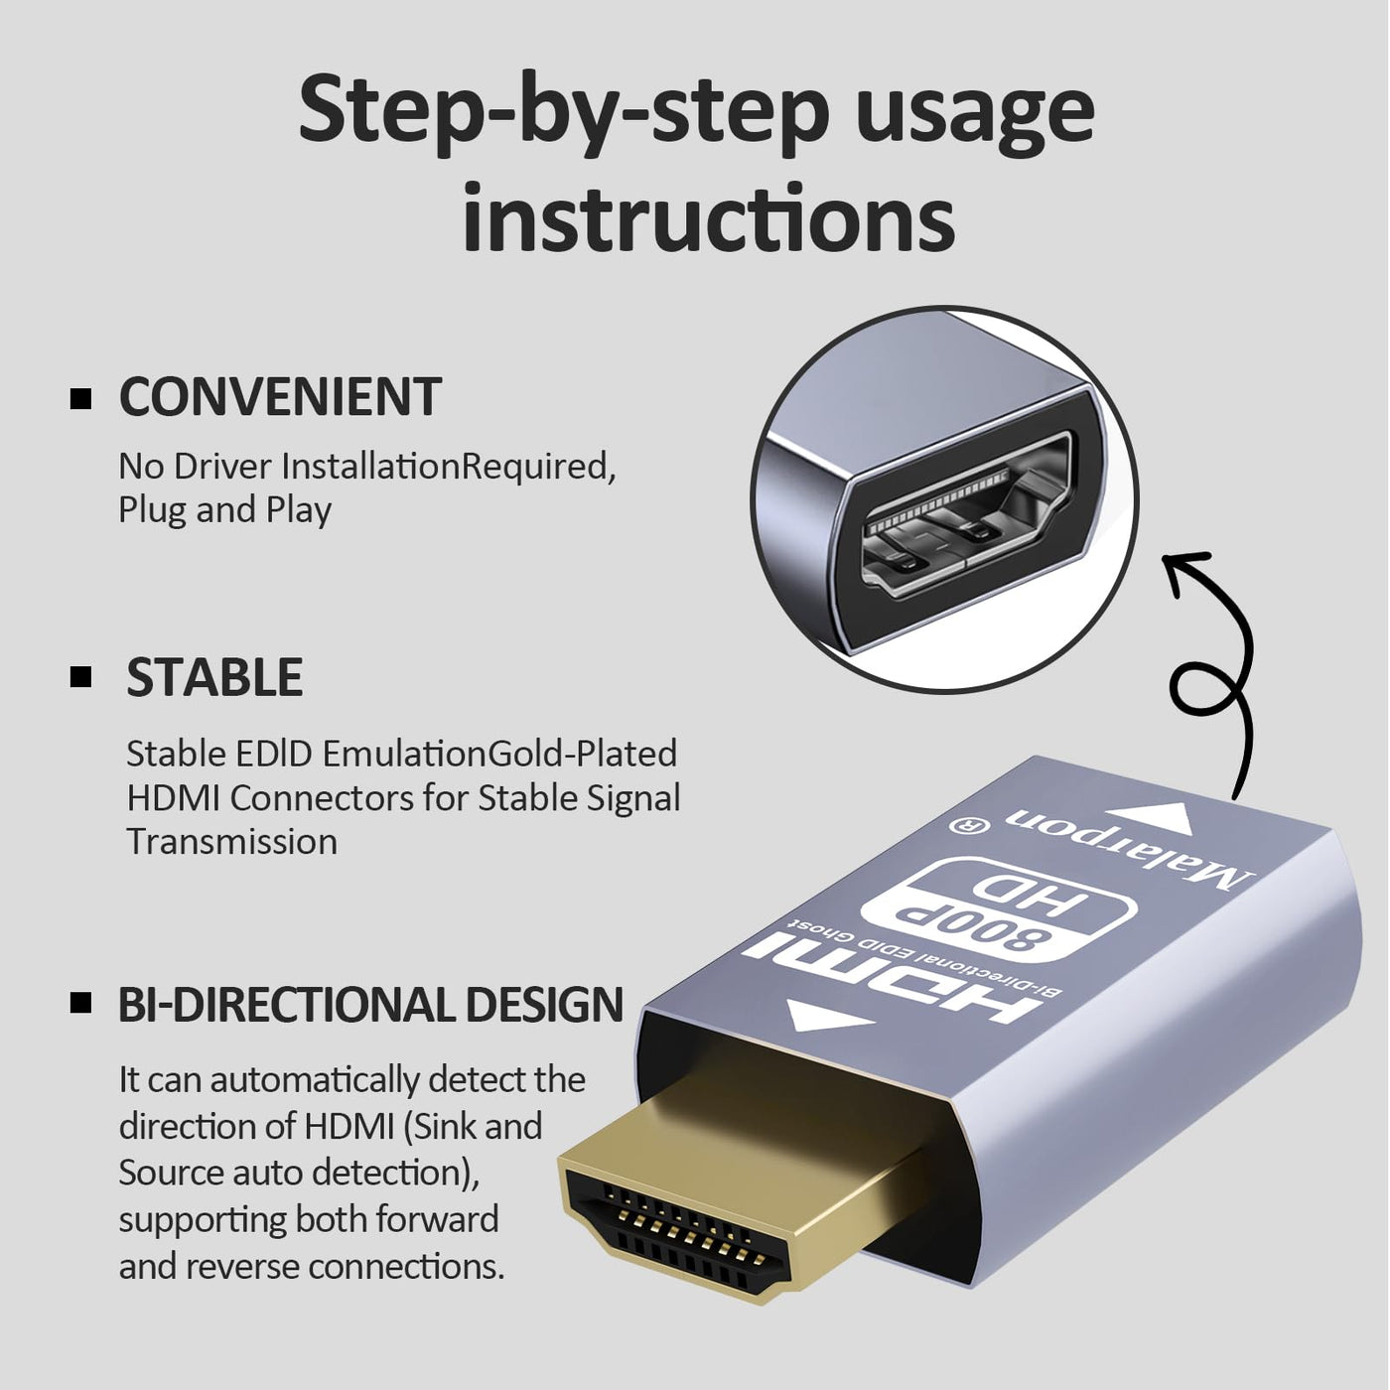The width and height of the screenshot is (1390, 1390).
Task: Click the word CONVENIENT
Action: (280, 396)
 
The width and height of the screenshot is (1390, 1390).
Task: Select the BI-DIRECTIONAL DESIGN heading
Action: (370, 1004)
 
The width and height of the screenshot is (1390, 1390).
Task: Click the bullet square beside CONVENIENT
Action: (80, 399)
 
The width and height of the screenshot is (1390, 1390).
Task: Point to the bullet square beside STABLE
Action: (80, 677)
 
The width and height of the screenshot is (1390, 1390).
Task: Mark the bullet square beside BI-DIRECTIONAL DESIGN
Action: (80, 1004)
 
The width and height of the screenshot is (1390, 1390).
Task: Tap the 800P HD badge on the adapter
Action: (1004, 912)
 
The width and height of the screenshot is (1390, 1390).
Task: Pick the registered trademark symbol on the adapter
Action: (964, 825)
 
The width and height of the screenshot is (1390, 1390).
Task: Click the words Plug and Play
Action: (224, 510)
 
